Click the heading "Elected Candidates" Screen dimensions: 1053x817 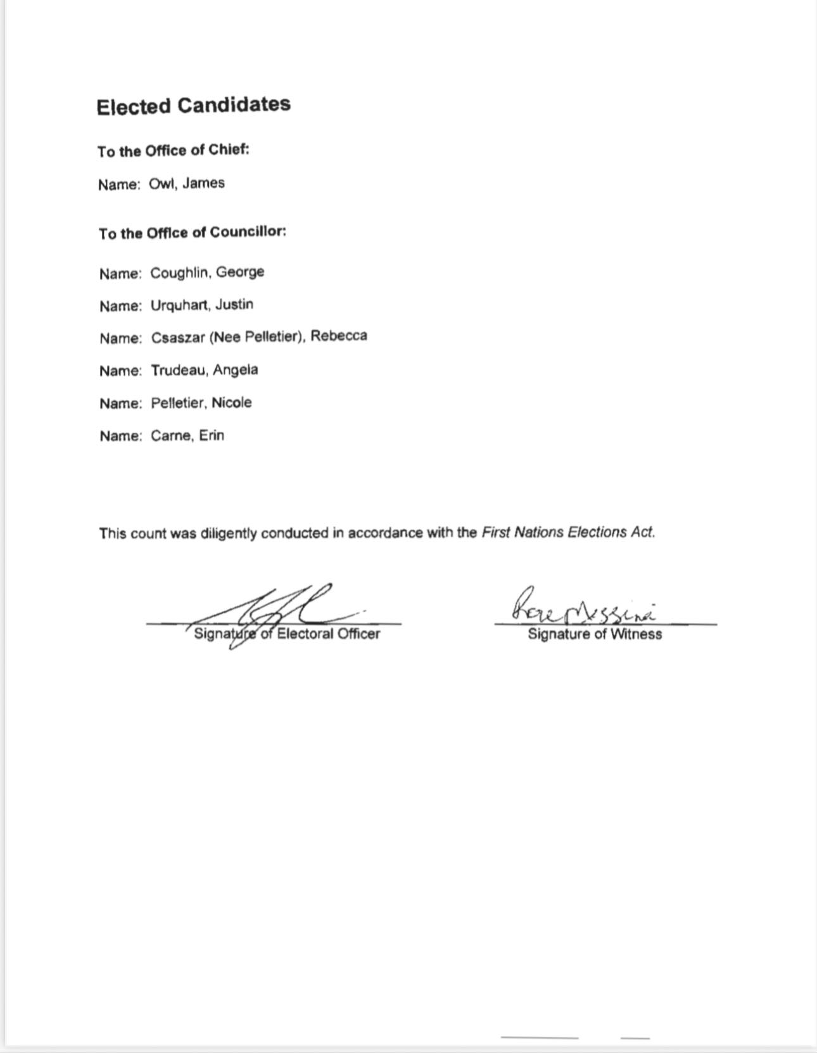[x=193, y=106]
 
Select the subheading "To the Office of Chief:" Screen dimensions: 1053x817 [x=174, y=151]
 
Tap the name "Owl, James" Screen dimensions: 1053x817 [x=187, y=184]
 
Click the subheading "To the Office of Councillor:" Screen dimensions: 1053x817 [x=193, y=233]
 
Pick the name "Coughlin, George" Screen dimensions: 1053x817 [x=207, y=273]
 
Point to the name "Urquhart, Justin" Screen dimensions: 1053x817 [x=201, y=305]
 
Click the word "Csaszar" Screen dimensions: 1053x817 [x=178, y=338]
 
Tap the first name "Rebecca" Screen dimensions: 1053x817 [x=338, y=336]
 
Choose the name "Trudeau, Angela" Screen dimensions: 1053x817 [x=204, y=371]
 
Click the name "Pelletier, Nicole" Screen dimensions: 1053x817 [x=201, y=403]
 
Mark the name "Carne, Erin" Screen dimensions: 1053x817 [x=187, y=436]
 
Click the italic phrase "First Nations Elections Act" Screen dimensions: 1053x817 [x=567, y=532]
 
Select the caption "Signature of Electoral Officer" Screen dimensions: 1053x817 [x=287, y=634]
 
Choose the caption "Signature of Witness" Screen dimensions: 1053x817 [x=595, y=634]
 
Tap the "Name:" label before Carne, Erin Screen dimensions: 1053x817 [x=120, y=437]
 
